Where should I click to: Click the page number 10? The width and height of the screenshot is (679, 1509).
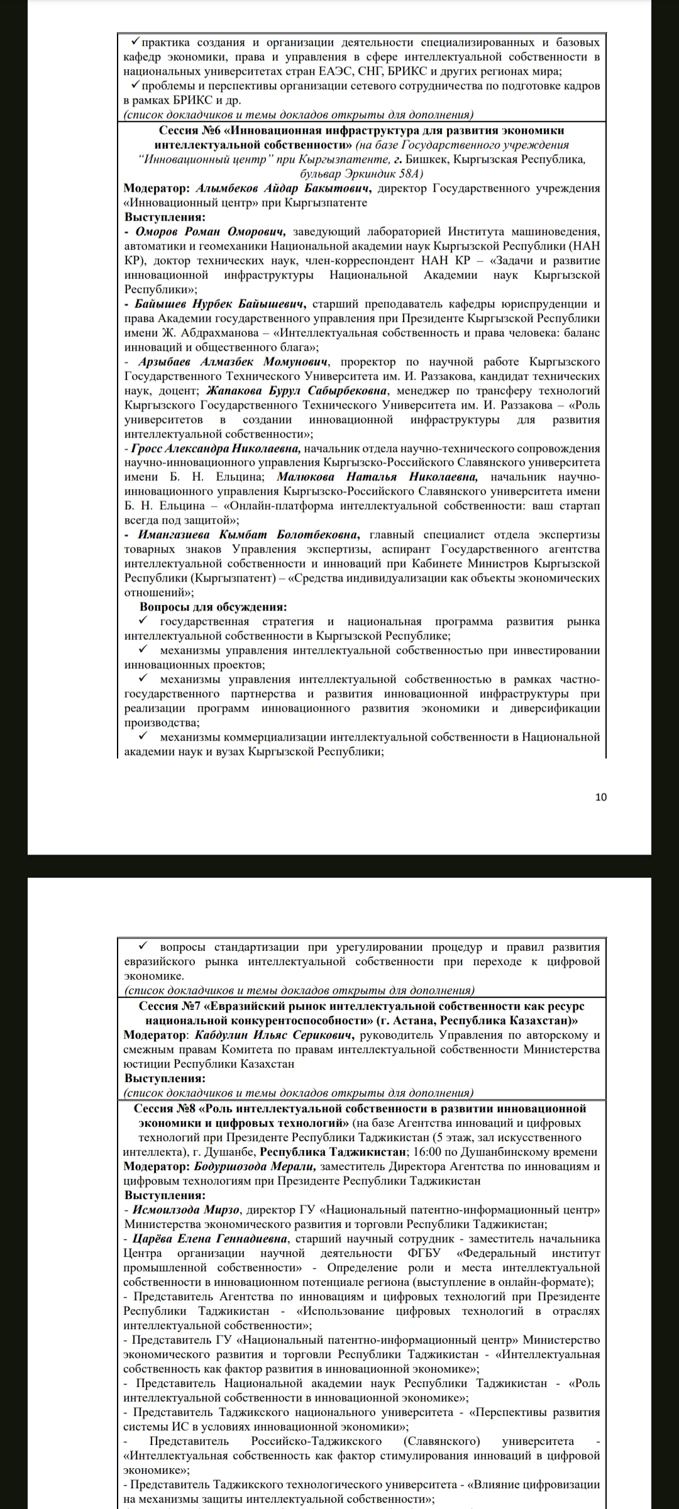pyautogui.click(x=601, y=797)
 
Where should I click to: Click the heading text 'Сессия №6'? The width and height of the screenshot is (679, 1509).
pyautogui.click(x=187, y=131)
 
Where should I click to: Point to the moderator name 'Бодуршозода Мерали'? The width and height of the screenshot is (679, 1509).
pyautogui.click(x=255, y=1166)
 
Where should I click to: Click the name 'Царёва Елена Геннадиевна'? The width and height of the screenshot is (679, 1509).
pyautogui.click(x=211, y=1239)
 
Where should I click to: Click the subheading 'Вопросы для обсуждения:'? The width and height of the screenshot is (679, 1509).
pyautogui.click(x=213, y=607)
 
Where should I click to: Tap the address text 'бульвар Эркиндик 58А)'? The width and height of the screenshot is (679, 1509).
pyautogui.click(x=362, y=174)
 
